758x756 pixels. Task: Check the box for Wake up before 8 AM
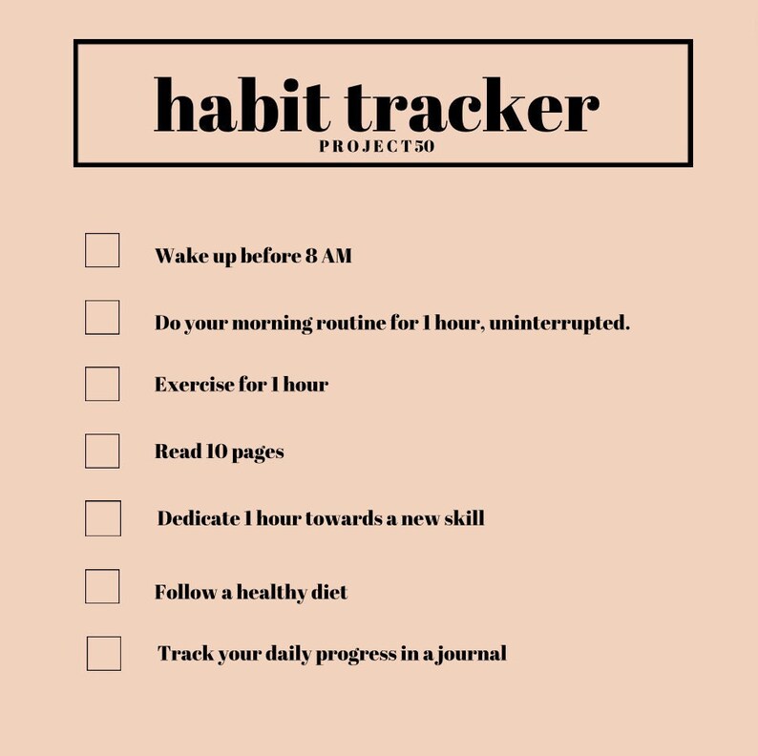tap(102, 250)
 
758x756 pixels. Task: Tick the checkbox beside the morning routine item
tap(102, 317)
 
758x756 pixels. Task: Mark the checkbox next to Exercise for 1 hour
tap(102, 384)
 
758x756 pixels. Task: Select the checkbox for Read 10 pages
tap(102, 451)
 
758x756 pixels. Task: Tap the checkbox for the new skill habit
tap(103, 518)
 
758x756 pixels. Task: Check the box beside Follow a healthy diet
tap(102, 586)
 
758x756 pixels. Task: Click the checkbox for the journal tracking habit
tap(104, 654)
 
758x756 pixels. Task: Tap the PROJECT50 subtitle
tap(377, 147)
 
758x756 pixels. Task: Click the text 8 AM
tap(328, 256)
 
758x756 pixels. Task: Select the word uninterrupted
tap(558, 323)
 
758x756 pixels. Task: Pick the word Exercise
tap(194, 385)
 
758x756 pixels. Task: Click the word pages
tap(258, 452)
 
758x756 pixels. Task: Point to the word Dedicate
tap(199, 518)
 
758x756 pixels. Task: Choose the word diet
tap(329, 592)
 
